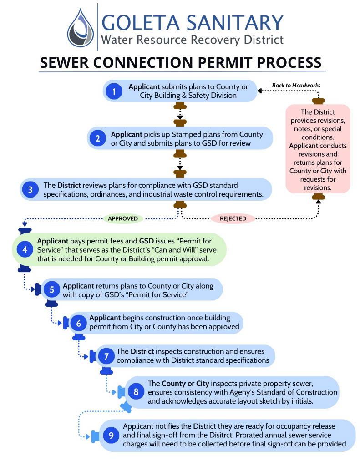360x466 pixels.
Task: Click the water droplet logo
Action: (80, 28)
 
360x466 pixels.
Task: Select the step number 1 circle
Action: (114, 91)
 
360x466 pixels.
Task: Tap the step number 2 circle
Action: (98, 138)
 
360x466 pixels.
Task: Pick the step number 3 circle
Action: (30, 189)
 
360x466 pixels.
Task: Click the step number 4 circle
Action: (25, 249)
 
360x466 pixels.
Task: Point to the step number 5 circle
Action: (52, 289)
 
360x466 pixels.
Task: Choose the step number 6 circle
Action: (78, 323)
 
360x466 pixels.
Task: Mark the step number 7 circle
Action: (106, 356)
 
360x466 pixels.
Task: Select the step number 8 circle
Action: (136, 392)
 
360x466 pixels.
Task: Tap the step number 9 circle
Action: (111, 436)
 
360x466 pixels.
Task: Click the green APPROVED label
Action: (123, 218)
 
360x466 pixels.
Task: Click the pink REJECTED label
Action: (233, 218)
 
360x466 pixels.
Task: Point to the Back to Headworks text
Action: (296, 86)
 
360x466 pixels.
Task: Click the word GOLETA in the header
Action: (141, 23)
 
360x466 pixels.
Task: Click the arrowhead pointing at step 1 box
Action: (259, 91)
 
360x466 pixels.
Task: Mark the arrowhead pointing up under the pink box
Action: (318, 202)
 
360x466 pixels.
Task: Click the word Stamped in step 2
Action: (185, 134)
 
